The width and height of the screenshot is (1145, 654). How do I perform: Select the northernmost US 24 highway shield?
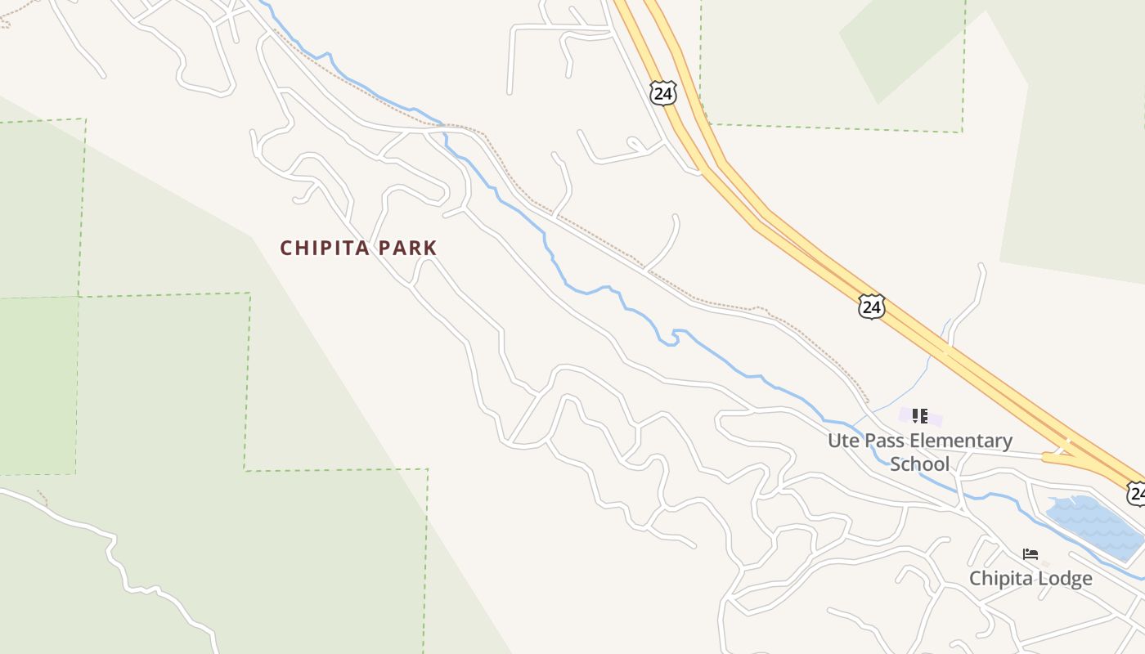click(663, 93)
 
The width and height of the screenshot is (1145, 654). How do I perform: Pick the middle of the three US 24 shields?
click(872, 307)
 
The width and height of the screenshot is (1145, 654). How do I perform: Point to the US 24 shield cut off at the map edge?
click(1136, 493)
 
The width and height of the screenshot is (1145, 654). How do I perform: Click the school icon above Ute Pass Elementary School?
click(920, 416)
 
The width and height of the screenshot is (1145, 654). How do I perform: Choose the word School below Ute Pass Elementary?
click(920, 464)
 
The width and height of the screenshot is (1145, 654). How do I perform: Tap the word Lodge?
click(1062, 579)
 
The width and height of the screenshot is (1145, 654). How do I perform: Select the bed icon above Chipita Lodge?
click(1030, 554)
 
